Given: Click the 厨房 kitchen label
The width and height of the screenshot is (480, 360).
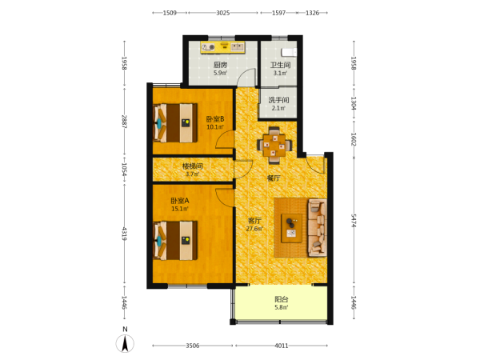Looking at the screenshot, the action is (220, 65).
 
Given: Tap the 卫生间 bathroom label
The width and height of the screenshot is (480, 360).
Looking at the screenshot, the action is (280, 65).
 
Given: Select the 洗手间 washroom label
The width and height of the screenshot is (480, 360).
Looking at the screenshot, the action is (278, 100).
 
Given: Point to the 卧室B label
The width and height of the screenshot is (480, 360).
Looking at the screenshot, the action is (215, 118).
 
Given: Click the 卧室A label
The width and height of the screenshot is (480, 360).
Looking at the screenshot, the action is (180, 201).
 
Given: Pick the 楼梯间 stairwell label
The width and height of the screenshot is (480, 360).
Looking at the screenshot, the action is (193, 166).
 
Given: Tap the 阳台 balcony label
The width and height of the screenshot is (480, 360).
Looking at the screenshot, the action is (281, 299).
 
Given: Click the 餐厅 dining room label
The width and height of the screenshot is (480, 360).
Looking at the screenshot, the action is (274, 178).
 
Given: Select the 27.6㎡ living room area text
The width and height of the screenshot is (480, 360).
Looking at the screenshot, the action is (254, 228).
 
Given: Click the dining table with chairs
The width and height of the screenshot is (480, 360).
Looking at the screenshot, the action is (274, 146).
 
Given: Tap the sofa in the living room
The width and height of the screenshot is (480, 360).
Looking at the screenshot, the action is (317, 228).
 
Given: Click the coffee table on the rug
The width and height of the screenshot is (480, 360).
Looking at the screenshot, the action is (291, 228).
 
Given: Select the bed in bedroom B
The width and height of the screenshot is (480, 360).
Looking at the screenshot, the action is (174, 123).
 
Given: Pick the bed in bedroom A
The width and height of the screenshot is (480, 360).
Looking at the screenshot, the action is (174, 241).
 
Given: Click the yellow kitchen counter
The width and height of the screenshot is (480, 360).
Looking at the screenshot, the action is (223, 47).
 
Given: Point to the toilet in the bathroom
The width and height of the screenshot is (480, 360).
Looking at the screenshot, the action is (290, 52).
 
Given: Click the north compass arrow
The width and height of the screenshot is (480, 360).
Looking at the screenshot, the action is (125, 343).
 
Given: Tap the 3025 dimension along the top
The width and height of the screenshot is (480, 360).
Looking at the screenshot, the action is (223, 13).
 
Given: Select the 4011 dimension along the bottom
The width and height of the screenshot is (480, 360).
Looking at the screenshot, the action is (282, 346).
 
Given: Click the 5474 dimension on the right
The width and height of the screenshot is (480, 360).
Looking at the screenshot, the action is (354, 221).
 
